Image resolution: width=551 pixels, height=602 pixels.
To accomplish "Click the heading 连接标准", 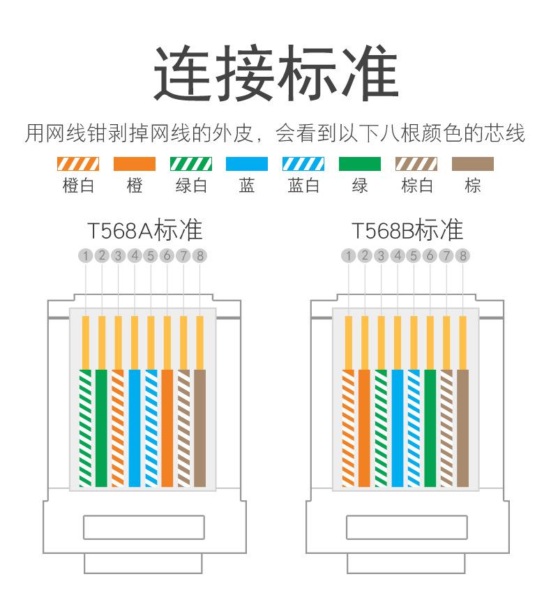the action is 275,73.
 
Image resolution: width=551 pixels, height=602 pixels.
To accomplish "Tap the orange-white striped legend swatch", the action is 77,165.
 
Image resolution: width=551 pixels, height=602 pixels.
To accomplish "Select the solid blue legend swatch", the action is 247,165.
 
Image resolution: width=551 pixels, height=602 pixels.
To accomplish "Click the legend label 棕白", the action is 416,186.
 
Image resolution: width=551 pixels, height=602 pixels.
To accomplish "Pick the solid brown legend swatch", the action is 473,165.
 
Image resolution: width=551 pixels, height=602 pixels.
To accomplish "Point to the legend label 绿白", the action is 190,186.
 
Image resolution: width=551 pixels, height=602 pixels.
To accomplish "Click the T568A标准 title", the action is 144,230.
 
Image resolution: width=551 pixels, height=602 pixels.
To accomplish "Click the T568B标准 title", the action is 407,230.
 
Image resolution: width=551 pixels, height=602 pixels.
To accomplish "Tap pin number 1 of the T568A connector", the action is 85,256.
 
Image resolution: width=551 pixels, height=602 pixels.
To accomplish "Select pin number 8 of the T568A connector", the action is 200,256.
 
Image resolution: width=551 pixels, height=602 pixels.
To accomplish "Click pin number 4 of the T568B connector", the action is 398,256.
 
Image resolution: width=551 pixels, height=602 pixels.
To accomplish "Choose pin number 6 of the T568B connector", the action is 430,256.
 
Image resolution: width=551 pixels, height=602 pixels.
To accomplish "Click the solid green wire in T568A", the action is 102,427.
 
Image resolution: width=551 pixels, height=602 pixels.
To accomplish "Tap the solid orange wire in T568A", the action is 167,427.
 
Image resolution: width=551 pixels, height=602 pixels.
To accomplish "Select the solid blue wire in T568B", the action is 398,427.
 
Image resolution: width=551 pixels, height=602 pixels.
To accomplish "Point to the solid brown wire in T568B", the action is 463,427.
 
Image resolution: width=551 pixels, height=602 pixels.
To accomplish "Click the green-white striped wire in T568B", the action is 381,427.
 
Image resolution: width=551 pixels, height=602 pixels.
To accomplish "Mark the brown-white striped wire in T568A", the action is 183,427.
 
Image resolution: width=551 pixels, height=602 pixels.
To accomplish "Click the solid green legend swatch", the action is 360,165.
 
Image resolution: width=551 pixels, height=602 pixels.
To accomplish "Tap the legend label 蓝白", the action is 303,186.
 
